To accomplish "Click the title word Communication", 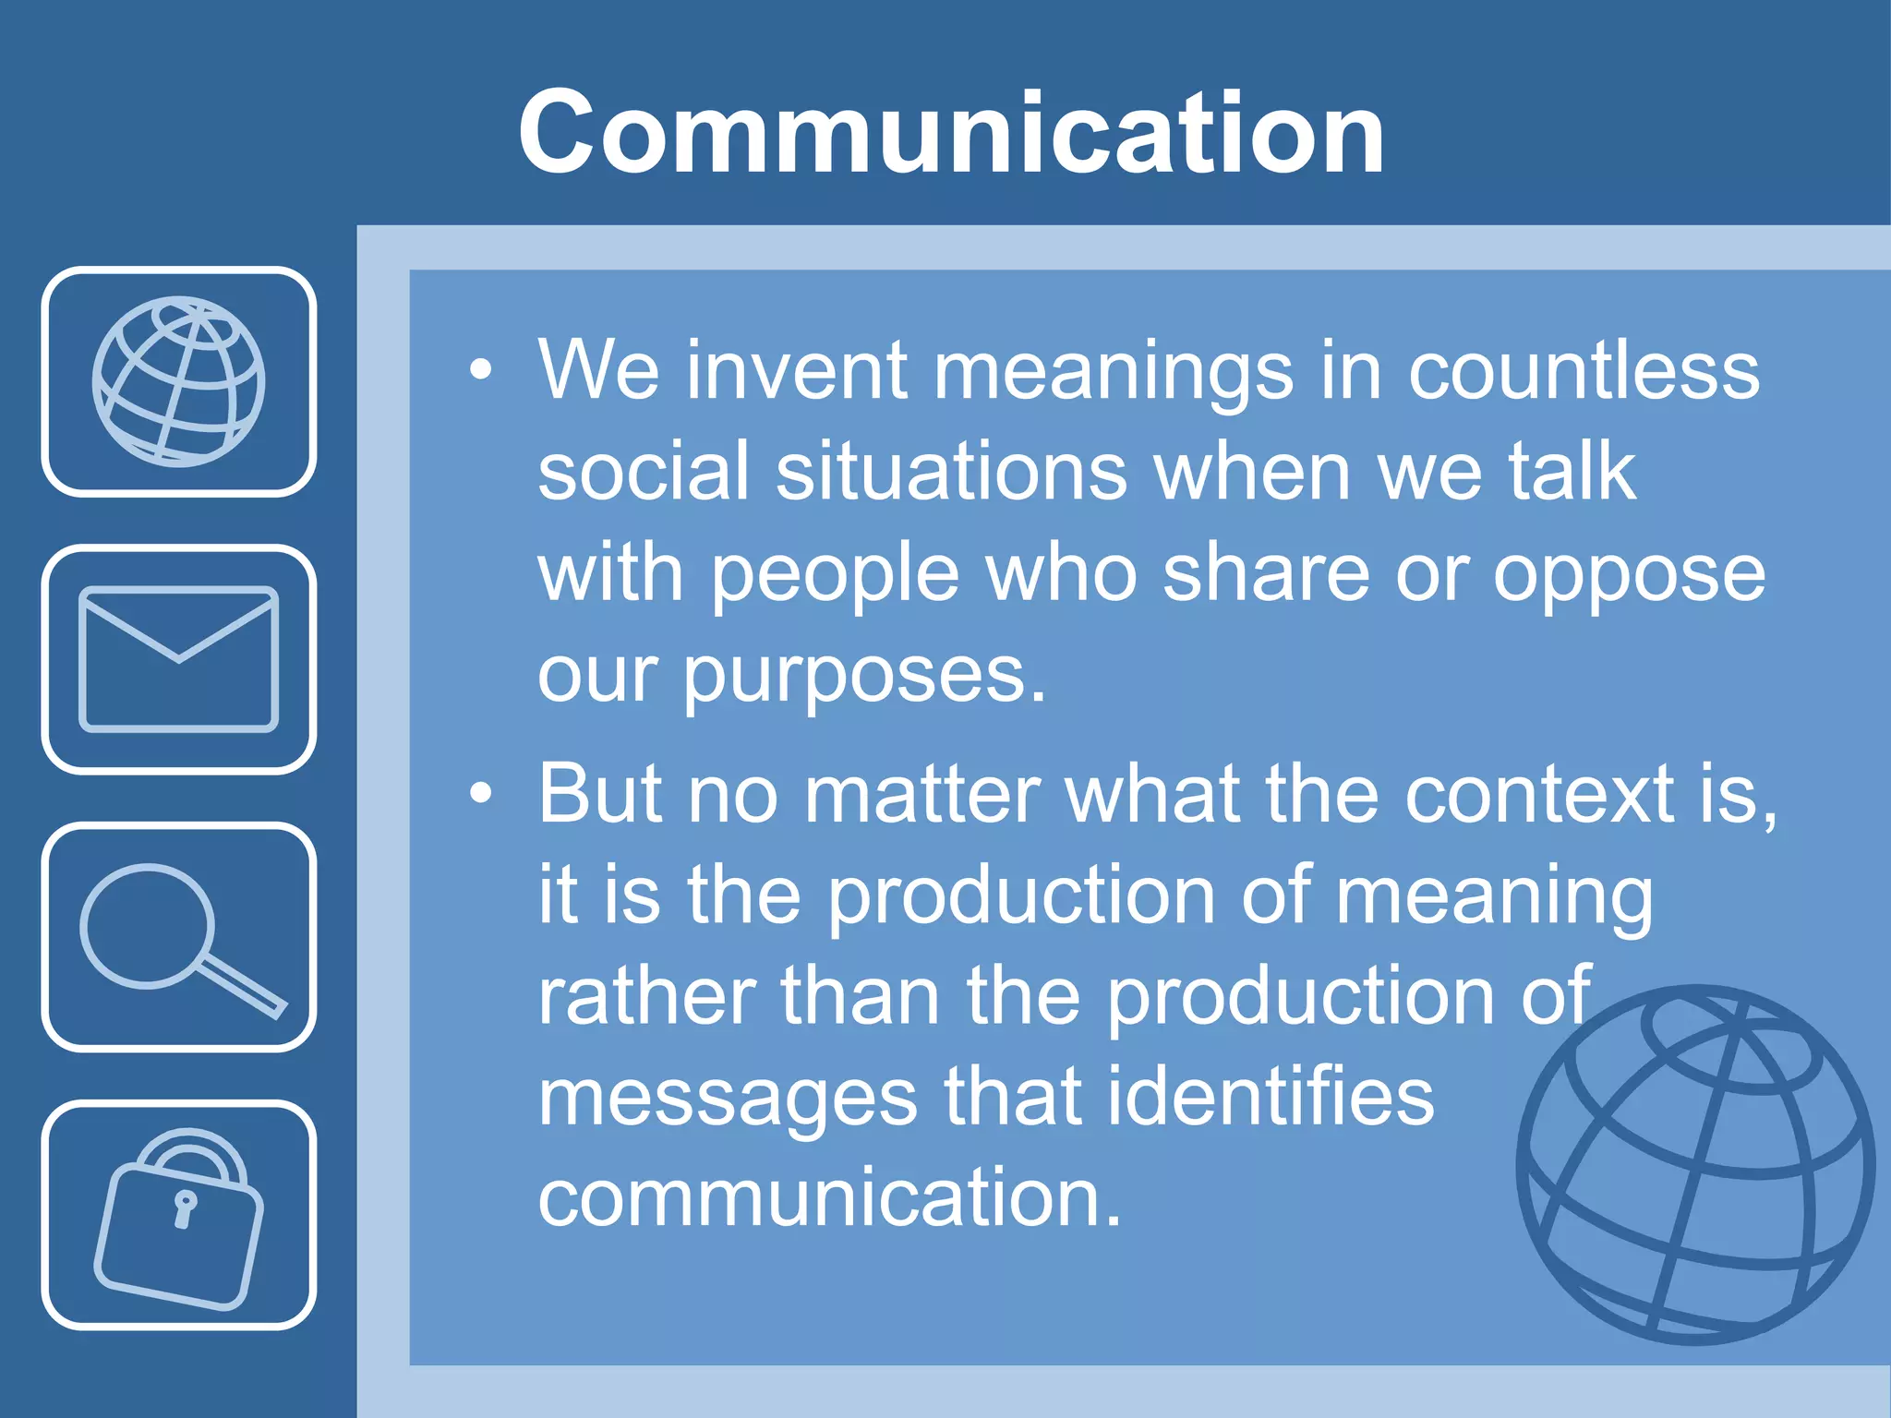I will [x=951, y=132].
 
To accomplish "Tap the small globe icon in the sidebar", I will [x=178, y=381].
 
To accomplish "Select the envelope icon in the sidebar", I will [x=178, y=659].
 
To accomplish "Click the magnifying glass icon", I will [x=178, y=937].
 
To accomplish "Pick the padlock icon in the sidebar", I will [x=178, y=1217].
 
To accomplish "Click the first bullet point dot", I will [x=480, y=370].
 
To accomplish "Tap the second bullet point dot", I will [x=480, y=793].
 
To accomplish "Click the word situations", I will [x=951, y=471].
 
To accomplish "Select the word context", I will [x=1539, y=793].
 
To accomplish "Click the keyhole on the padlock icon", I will [x=185, y=1208].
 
